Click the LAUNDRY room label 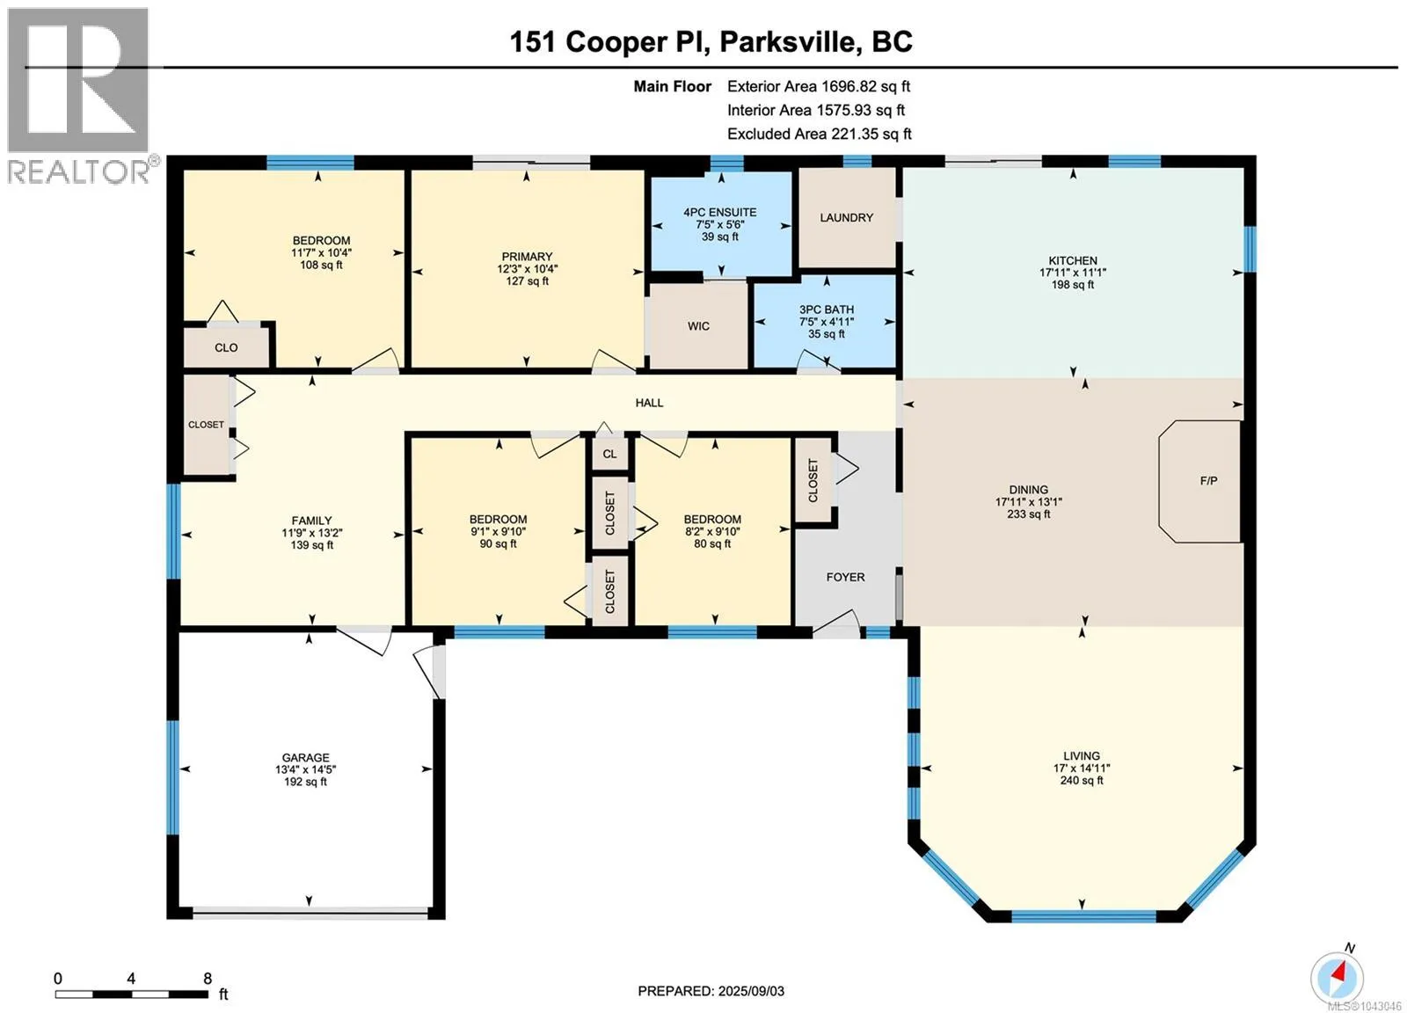point(846,218)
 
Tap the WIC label point(698,326)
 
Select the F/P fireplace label point(1208,481)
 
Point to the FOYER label point(845,577)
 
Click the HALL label point(650,403)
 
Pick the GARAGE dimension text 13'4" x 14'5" point(306,769)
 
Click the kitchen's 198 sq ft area point(1073,285)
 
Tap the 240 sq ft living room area point(1082,780)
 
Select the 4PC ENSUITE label point(720,212)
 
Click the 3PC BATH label point(827,310)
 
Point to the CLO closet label point(226,347)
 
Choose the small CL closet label point(609,454)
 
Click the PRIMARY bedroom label point(527,257)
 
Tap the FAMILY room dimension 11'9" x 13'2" point(312,533)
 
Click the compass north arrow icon point(1337,978)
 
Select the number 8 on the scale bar point(208,979)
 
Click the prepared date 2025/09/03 point(749,991)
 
